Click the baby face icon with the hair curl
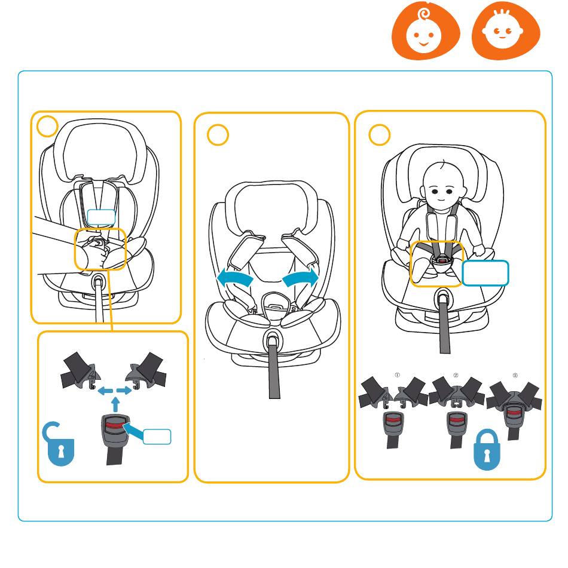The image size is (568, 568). tap(425, 32)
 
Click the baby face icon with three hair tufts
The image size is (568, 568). tap(506, 32)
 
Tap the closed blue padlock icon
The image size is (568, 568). tap(487, 449)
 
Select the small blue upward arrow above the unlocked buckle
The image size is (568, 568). tap(115, 404)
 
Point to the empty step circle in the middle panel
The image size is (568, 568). tap(218, 135)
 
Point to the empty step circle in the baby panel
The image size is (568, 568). tap(380, 135)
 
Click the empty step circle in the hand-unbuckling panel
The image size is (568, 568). tap(47, 126)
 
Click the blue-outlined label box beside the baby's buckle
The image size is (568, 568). tap(485, 273)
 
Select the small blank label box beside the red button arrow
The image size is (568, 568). tap(157, 437)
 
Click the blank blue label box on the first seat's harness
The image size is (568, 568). tap(101, 218)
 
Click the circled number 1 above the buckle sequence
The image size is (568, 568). tap(397, 375)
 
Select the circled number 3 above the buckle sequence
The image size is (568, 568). tap(515, 375)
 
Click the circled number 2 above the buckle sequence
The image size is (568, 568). tap(456, 375)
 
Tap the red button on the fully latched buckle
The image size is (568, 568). tap(513, 412)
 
